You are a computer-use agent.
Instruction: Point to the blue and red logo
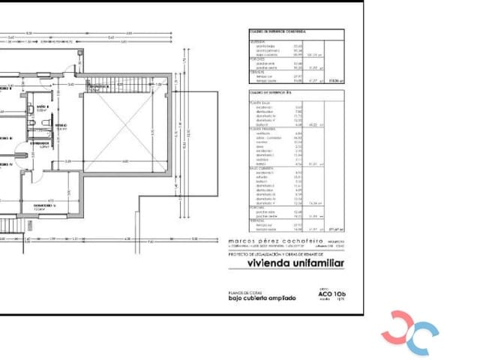409,331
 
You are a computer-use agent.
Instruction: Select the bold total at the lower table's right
336,229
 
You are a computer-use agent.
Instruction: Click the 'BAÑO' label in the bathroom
41,109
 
